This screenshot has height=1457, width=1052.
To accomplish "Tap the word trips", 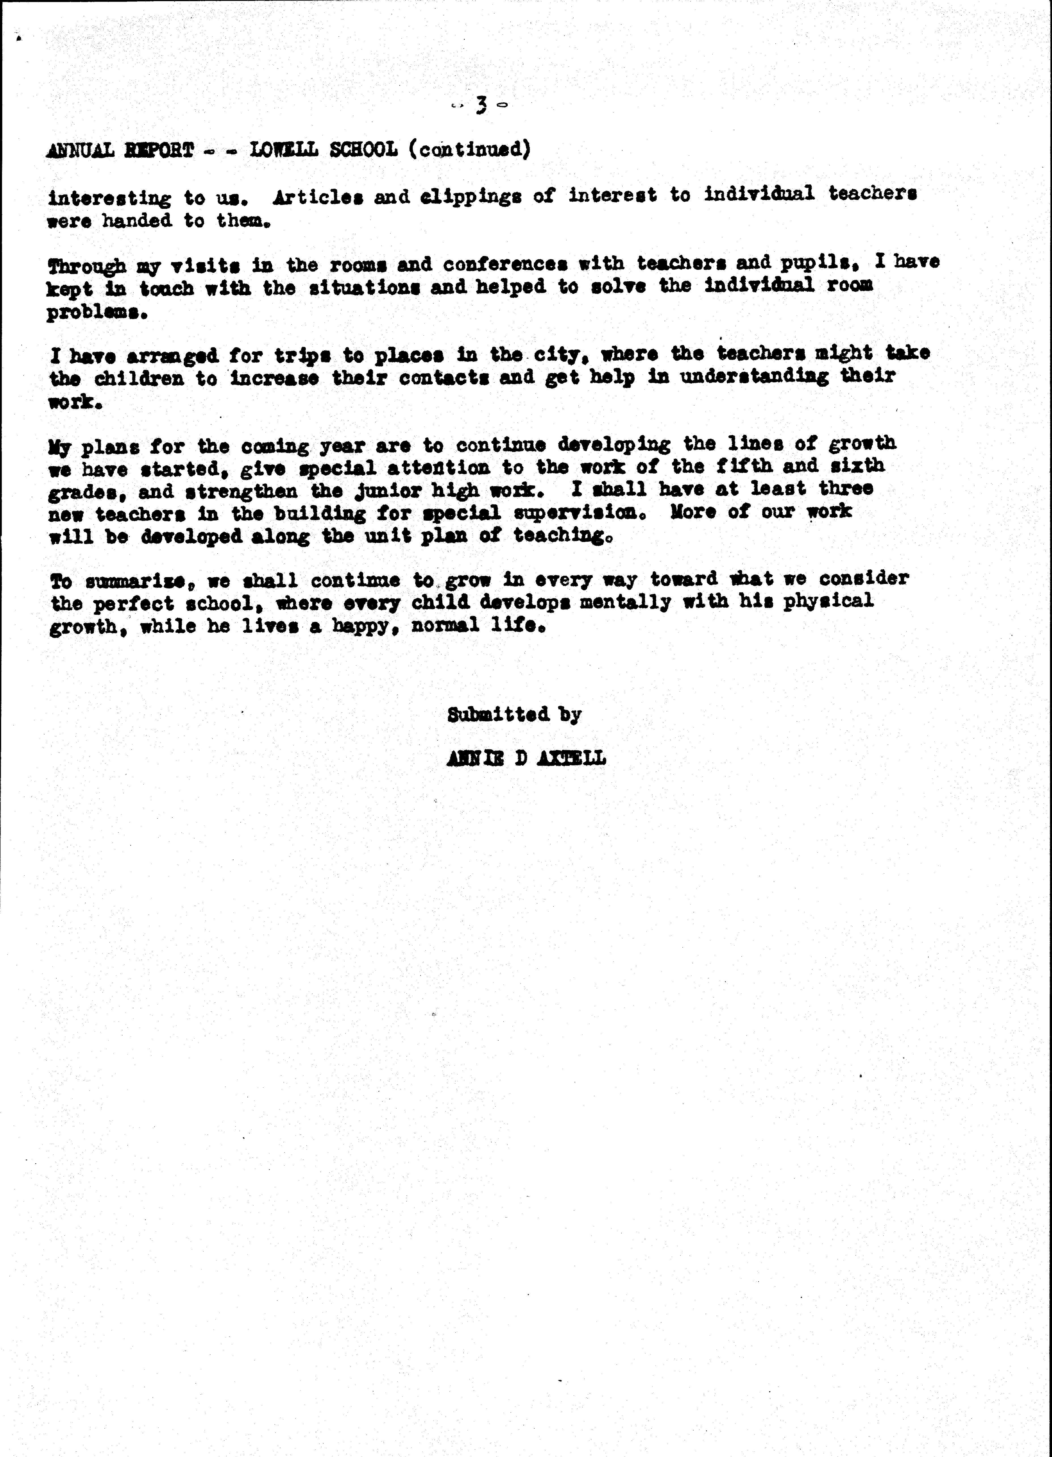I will pos(303,355).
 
